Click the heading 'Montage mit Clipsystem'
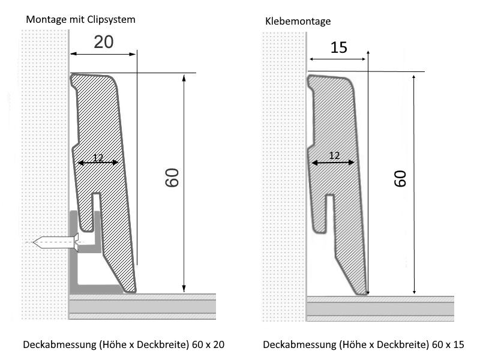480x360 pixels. pyautogui.click(x=80, y=19)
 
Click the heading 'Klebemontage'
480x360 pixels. pyautogui.click(x=298, y=22)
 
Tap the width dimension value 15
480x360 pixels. pyautogui.click(x=338, y=47)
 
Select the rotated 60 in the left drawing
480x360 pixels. pyautogui.click(x=173, y=178)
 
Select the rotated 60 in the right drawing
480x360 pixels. pyautogui.click(x=400, y=178)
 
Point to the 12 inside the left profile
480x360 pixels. pyautogui.click(x=98, y=158)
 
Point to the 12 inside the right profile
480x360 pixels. pyautogui.click(x=335, y=155)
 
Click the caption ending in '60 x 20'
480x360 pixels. pyautogui.click(x=124, y=345)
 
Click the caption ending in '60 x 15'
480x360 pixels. pyautogui.click(x=363, y=345)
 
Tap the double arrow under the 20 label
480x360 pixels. pyautogui.click(x=104, y=55)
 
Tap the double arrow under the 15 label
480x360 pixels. pyautogui.click(x=338, y=59)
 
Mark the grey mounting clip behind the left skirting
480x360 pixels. pyautogui.click(x=78, y=264)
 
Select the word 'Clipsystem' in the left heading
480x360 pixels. pyautogui.click(x=111, y=19)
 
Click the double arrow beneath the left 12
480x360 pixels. pyautogui.click(x=98, y=163)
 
